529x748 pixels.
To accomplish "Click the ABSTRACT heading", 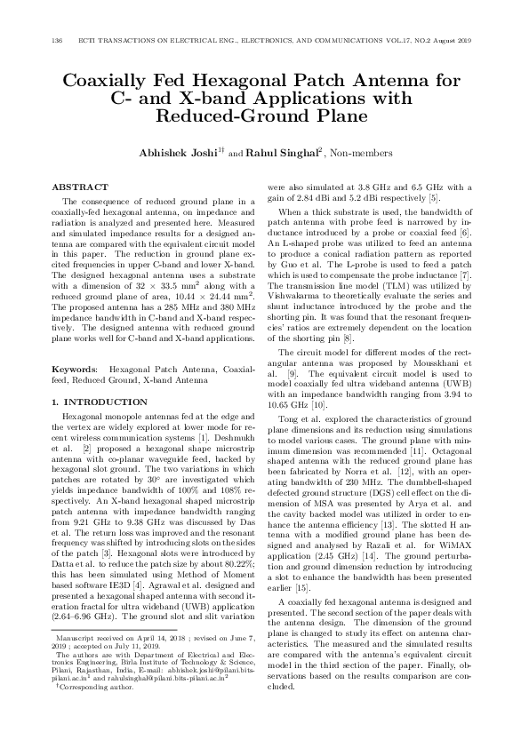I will pyautogui.click(x=80, y=187).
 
